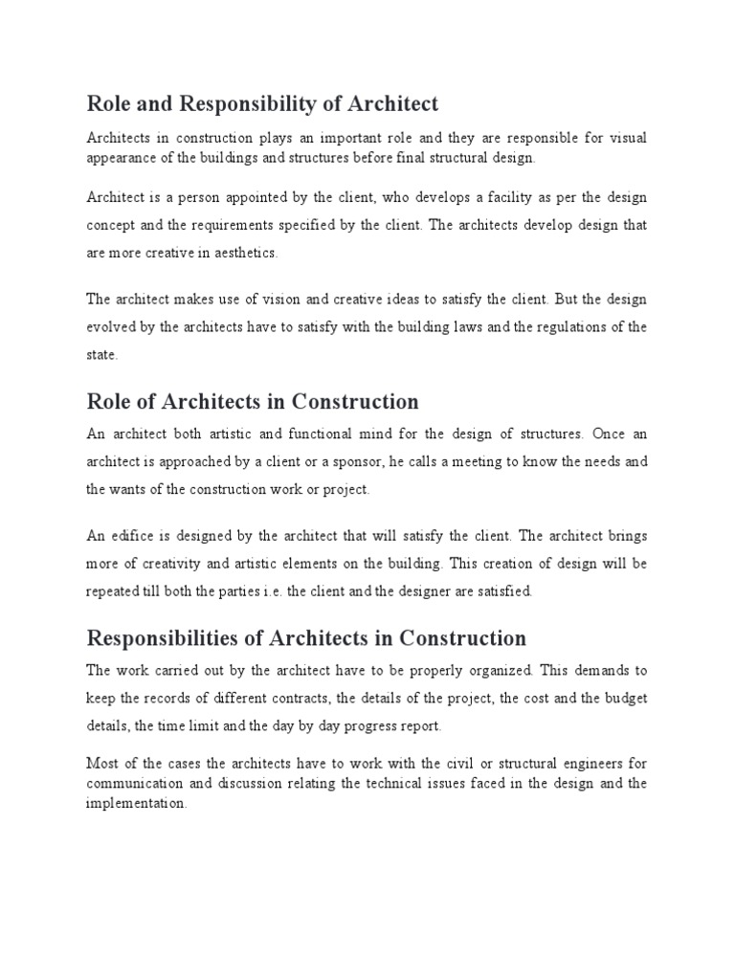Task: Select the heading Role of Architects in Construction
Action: [253, 401]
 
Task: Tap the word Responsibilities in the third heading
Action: [173, 637]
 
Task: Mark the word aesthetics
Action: [249, 253]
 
